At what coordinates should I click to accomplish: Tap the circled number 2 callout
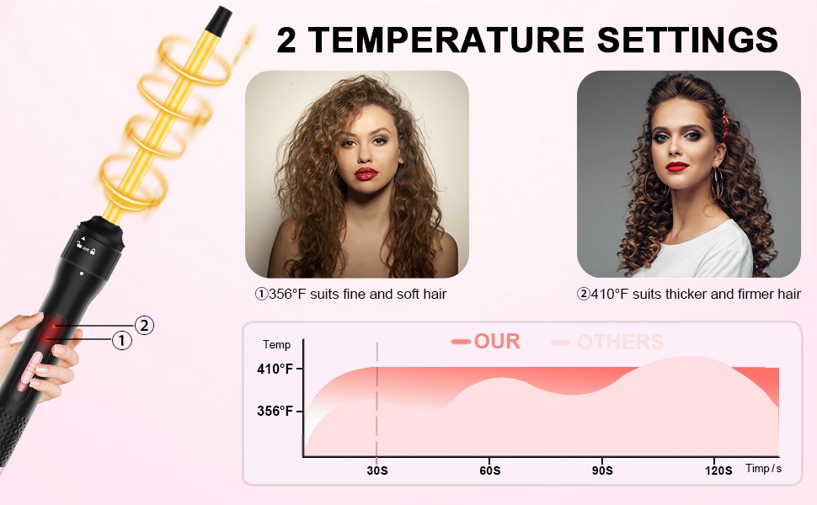tap(145, 325)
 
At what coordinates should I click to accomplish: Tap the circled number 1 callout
tap(122, 341)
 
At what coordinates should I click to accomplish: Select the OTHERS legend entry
tap(620, 342)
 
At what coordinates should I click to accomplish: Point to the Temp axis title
tap(276, 344)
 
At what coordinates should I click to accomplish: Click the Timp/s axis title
tap(763, 468)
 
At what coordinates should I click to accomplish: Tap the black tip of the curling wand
tap(222, 16)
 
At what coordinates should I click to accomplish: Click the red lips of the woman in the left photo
tap(366, 173)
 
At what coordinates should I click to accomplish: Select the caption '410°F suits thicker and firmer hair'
tap(688, 295)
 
